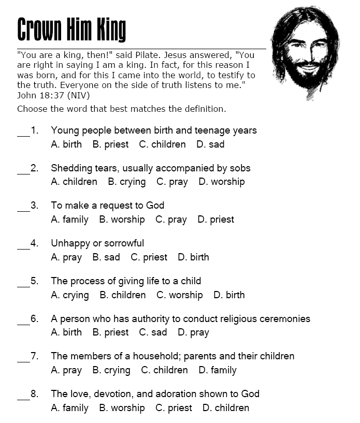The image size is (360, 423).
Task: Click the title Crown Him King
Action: pos(71,29)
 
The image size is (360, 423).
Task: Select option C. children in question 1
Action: pos(162,144)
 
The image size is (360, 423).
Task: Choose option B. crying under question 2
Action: pos(127,182)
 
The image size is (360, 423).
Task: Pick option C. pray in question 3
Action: pos(171,220)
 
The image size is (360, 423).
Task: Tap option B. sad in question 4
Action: pos(106,257)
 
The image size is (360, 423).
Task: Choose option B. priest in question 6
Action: pos(110,332)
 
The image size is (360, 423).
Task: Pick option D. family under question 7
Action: pos(217,370)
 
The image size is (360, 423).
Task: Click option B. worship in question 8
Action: pos(122,408)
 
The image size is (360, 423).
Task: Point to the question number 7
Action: pos(35,356)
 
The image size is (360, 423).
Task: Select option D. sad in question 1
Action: pos(210,144)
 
